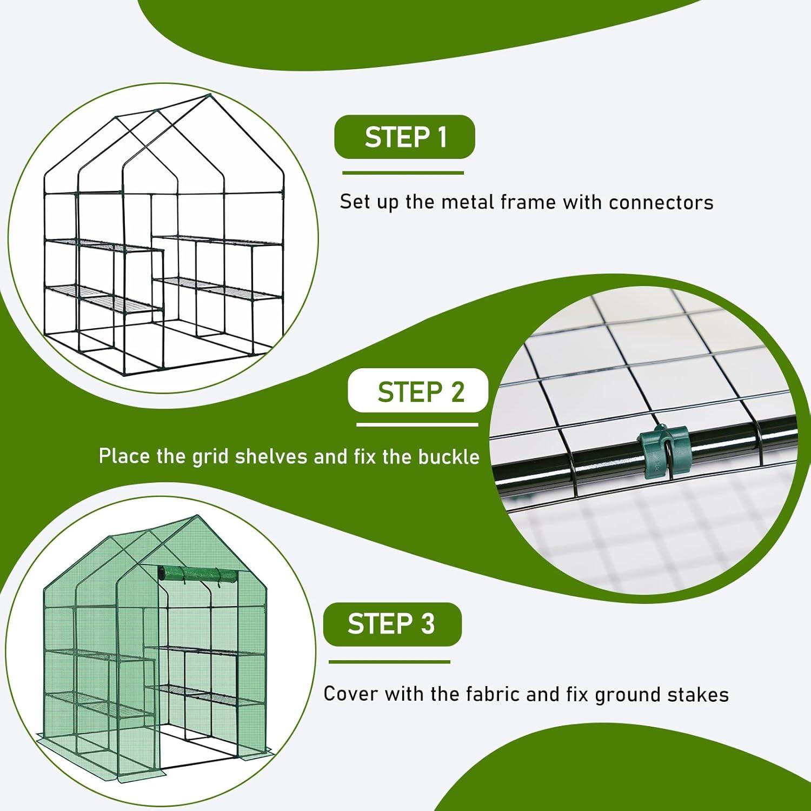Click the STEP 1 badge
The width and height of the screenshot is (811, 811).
(x=404, y=137)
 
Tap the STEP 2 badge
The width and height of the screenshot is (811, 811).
(x=417, y=391)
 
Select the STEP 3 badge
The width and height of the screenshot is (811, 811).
(x=392, y=624)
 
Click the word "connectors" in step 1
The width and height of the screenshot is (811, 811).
(x=661, y=202)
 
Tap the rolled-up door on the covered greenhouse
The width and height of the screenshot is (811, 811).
(x=198, y=575)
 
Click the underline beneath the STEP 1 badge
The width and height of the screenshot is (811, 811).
(x=403, y=173)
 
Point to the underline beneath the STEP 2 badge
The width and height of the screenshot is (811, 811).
(x=417, y=424)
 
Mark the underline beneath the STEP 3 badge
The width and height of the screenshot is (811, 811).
(x=389, y=662)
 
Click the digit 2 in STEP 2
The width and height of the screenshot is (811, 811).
(x=457, y=392)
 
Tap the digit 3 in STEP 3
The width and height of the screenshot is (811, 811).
(x=428, y=624)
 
